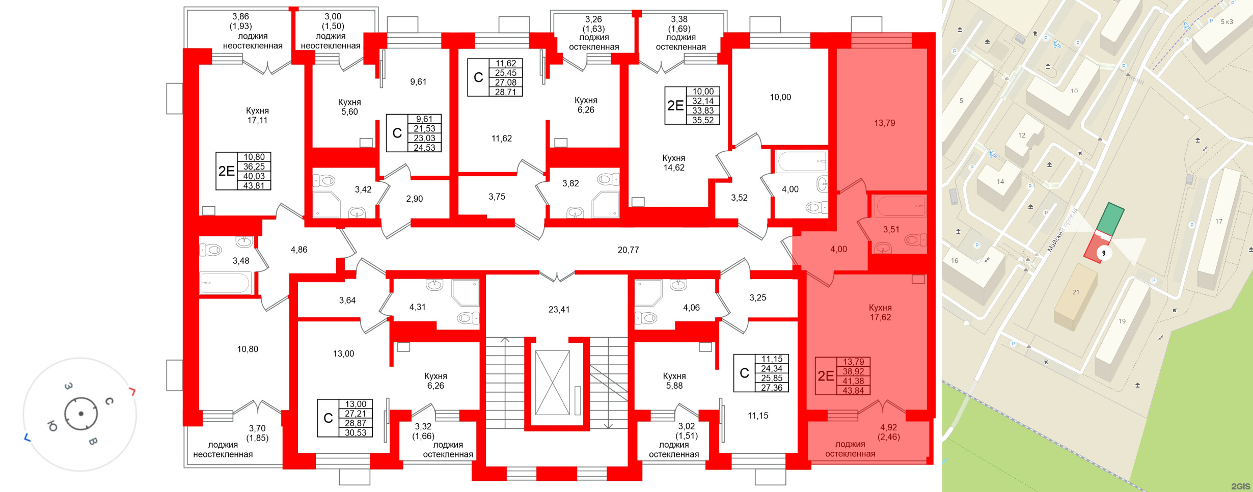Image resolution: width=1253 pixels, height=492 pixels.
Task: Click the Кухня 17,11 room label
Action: tap(257, 116)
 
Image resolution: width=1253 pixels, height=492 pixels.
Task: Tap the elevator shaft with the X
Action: tap(552, 382)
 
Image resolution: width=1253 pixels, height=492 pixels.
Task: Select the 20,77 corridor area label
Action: tap(628, 250)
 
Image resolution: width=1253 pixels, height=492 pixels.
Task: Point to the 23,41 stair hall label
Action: tap(559, 309)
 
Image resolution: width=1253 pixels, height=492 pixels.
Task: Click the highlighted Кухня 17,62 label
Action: tap(880, 312)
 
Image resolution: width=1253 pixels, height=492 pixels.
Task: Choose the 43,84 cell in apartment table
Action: tap(853, 391)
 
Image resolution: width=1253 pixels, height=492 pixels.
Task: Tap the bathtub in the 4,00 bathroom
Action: tap(801, 161)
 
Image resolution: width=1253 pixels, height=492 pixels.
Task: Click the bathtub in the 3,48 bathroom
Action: tap(225, 283)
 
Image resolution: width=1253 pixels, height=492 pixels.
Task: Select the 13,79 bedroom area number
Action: tap(884, 123)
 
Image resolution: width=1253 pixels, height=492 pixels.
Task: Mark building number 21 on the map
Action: tap(1076, 292)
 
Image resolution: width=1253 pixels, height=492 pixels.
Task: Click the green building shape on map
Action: tap(1110, 219)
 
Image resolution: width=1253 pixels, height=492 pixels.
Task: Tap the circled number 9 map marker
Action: tap(1104, 253)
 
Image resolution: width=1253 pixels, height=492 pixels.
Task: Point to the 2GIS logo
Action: tap(1241, 486)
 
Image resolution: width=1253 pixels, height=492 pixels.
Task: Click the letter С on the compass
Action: tap(109, 401)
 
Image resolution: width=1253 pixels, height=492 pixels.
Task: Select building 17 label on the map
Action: tap(1219, 222)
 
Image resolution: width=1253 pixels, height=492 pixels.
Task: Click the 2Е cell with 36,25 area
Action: tap(227, 171)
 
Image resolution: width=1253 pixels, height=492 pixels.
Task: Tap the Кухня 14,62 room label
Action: tap(673, 162)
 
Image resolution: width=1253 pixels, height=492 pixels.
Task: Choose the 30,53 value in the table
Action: tap(356, 432)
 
